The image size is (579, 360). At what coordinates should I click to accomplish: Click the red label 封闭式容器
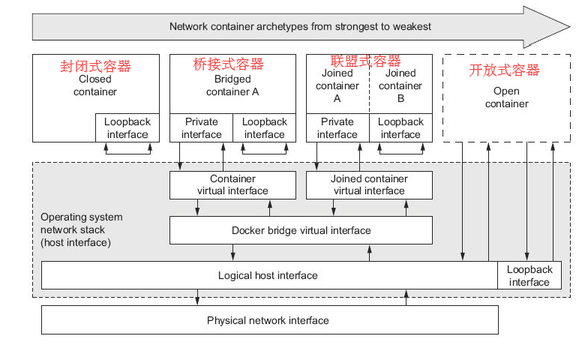pos(95,66)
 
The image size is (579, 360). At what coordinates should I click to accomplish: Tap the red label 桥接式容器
pos(228,64)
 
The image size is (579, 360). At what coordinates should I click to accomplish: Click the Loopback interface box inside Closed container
pos(127,127)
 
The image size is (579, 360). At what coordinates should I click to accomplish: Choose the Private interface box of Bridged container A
pos(201,127)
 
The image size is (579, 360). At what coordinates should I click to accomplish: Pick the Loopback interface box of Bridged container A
pos(264,127)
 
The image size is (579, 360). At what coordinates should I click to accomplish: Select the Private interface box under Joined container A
pos(337,127)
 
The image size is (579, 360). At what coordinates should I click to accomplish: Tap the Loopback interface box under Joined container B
pos(400,127)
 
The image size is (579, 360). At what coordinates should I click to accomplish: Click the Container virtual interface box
pos(232,184)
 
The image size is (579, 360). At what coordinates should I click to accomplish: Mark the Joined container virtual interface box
pos(369,184)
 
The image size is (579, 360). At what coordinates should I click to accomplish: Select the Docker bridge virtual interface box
pos(301,230)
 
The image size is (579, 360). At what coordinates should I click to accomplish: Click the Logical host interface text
pos(268,275)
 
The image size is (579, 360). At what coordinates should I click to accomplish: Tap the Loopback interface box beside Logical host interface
pos(529,275)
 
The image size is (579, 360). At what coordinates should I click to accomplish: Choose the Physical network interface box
pos(269,320)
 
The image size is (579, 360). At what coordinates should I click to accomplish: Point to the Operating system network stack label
pos(81,229)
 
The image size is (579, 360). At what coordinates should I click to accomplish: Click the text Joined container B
pos(400,85)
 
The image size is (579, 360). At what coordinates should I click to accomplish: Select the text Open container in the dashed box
pos(506,97)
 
